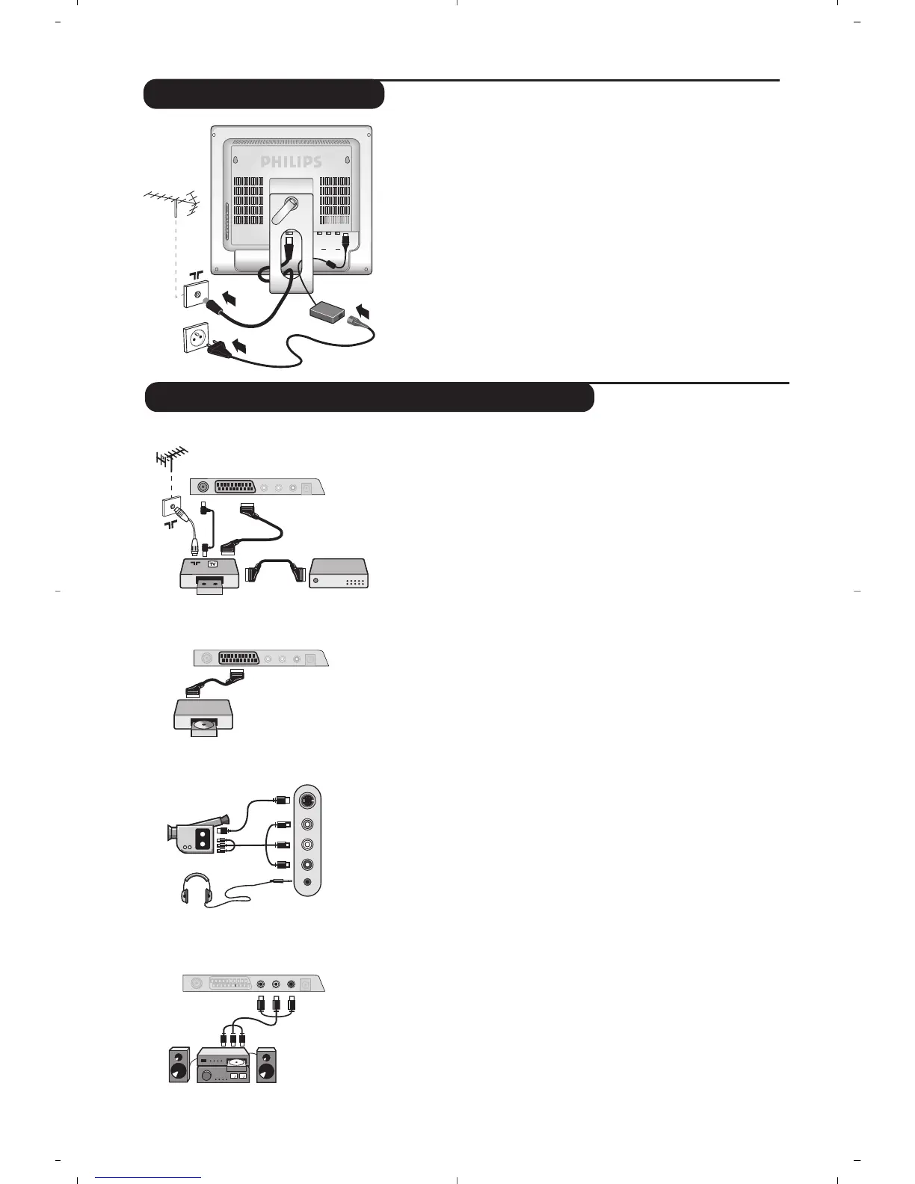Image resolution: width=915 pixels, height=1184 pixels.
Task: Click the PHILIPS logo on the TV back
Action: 291,161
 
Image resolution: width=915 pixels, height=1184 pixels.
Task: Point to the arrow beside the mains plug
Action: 239,346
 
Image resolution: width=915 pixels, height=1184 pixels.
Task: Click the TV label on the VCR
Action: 212,564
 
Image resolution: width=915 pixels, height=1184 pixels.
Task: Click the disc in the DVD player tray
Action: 204,724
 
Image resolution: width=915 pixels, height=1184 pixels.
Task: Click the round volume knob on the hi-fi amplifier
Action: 206,1074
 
